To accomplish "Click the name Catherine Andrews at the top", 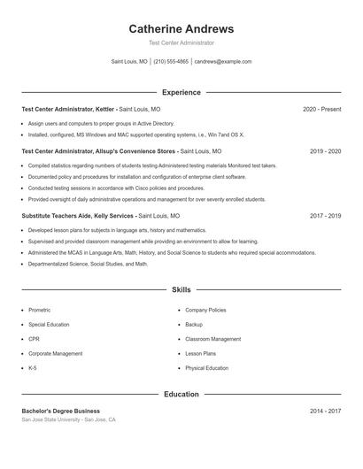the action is point(181,29).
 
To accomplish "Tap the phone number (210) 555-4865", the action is point(171,62).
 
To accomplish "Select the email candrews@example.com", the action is point(222,62).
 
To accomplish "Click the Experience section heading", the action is point(181,92).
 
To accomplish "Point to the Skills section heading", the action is point(181,289).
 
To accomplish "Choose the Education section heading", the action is point(181,394).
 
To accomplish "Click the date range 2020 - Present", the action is point(321,109).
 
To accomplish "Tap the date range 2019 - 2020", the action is point(325,151).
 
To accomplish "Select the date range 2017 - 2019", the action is point(325,215).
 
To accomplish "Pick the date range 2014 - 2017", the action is point(325,411).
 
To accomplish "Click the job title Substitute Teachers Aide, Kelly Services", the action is point(78,215).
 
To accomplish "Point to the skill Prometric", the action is point(39,311).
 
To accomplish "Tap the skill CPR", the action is point(34,339).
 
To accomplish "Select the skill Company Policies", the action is point(205,311).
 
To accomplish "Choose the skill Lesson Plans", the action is point(200,353).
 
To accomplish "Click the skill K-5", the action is point(33,367).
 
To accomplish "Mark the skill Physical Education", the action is point(206,367).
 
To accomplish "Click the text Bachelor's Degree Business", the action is point(60,411).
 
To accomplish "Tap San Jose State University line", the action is point(68,419).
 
